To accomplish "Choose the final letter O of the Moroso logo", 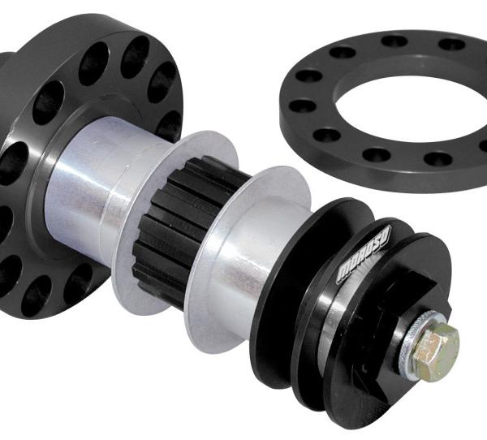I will (x=387, y=236).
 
